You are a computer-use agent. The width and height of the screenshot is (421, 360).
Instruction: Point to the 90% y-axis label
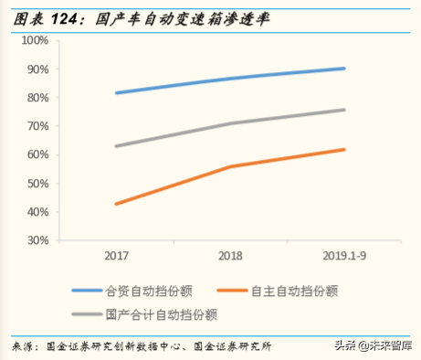36,69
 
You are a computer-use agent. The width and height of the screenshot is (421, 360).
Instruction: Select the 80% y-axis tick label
36,98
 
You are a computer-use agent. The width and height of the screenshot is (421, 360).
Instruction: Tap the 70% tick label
36,126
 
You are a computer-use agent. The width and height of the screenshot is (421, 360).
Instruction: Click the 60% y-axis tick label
36,154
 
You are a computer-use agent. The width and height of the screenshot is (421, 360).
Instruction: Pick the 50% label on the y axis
36,184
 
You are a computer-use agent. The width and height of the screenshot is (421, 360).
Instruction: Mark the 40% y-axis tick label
36,212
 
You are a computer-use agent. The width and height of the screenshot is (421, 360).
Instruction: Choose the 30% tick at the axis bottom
36,240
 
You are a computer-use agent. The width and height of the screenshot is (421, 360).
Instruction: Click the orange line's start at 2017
116,204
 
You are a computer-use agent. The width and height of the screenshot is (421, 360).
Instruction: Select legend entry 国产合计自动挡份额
165,315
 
